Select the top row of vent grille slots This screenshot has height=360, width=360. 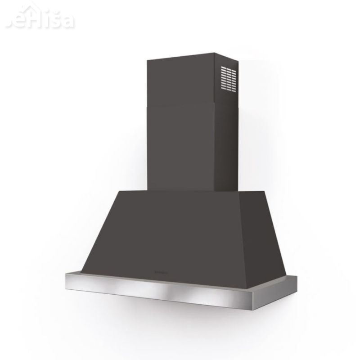[x=229, y=69]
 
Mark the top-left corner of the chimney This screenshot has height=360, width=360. [x=148, y=58]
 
